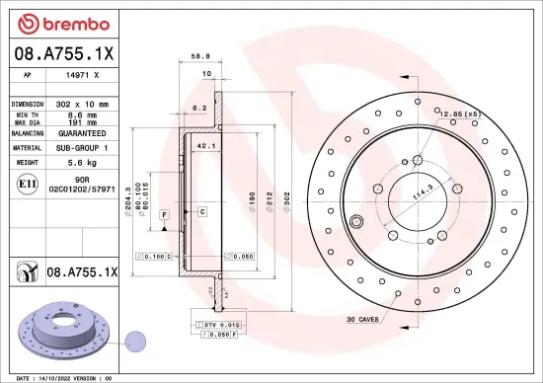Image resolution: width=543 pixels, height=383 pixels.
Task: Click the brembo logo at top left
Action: pos(50,22)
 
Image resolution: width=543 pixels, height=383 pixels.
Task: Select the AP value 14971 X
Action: pos(82,74)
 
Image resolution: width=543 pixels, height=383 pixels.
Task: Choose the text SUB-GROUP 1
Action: pos(81,146)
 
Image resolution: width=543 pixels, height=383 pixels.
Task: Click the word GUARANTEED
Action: pos(81,132)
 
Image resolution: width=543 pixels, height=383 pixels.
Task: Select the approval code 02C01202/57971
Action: pos(83,188)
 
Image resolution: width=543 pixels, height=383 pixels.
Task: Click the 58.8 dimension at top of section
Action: pos(200,57)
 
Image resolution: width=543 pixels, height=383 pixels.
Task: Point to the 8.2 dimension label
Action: pos(197,108)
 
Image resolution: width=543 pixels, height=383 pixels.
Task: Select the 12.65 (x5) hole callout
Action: pos(461,115)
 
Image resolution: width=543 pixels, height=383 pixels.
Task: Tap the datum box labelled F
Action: pos(164,213)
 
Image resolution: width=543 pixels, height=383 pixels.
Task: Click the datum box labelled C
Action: pos(201,212)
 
